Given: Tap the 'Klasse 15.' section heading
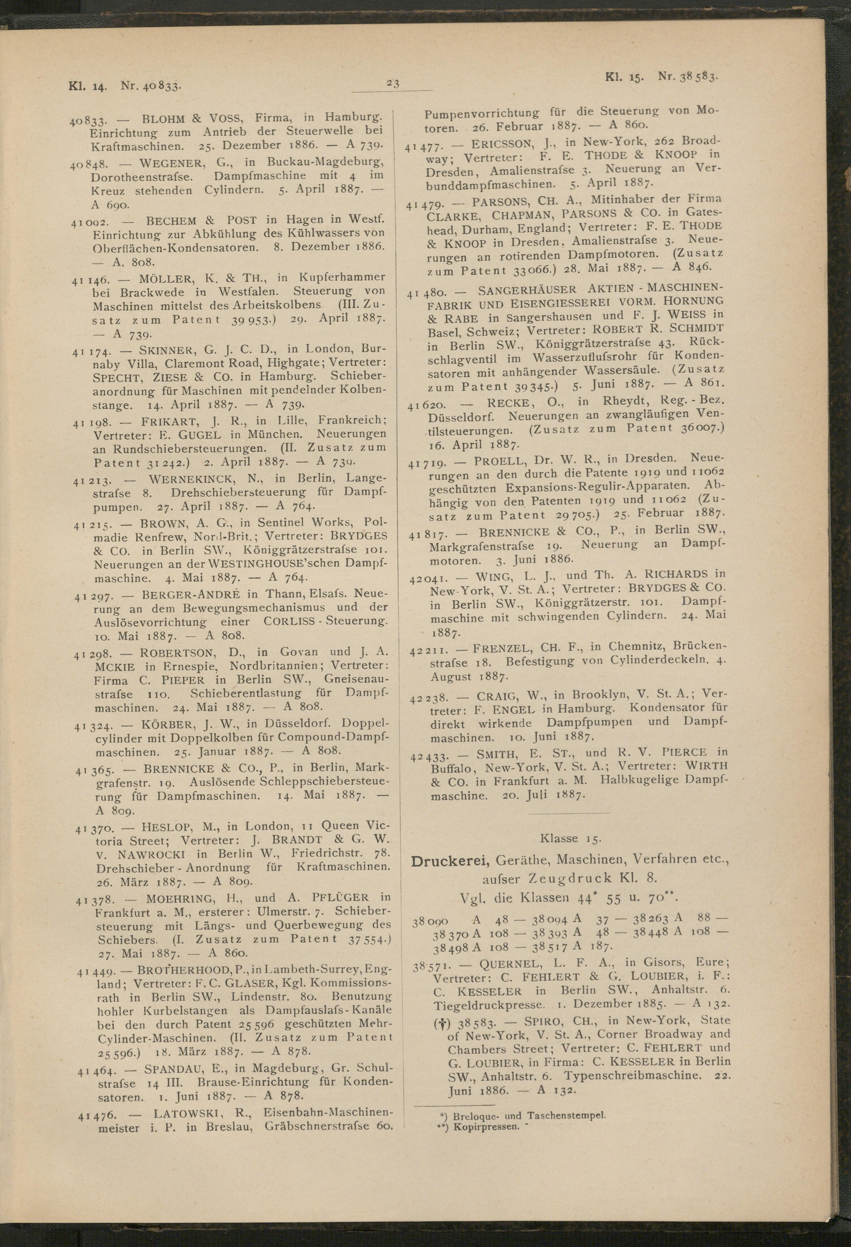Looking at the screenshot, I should tap(571, 838).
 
